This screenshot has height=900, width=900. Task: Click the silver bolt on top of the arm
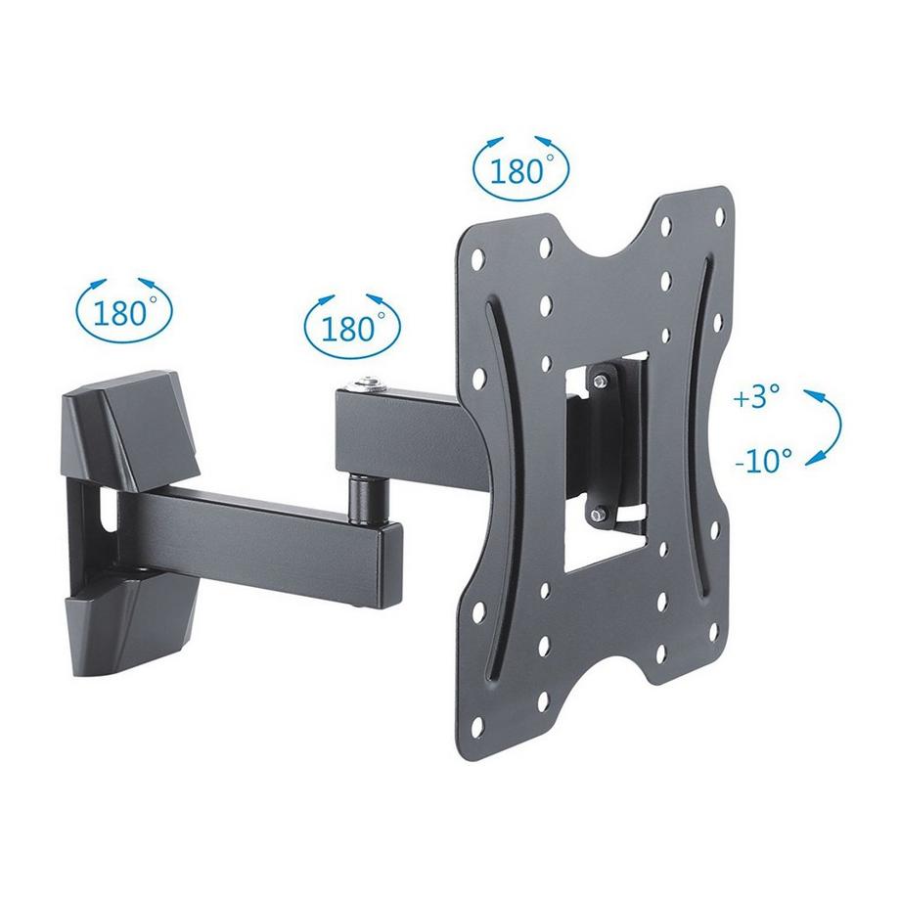click(369, 384)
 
